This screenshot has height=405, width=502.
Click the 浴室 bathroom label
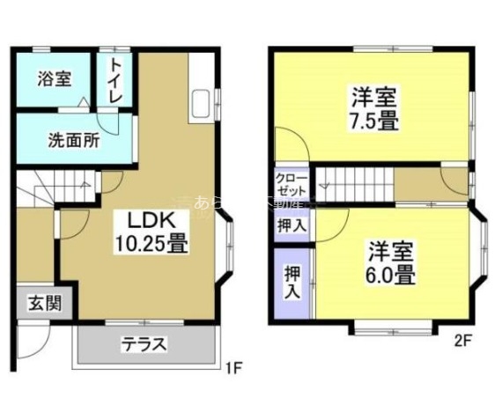pos(55,78)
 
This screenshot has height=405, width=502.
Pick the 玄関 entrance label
pos(42,305)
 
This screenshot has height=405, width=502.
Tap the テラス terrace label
pos(143,344)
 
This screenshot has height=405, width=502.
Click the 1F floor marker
pos(232,366)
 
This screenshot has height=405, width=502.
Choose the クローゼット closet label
pos(290,184)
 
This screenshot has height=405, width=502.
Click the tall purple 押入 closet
pos(292,283)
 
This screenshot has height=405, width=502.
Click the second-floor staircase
pos(352,185)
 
